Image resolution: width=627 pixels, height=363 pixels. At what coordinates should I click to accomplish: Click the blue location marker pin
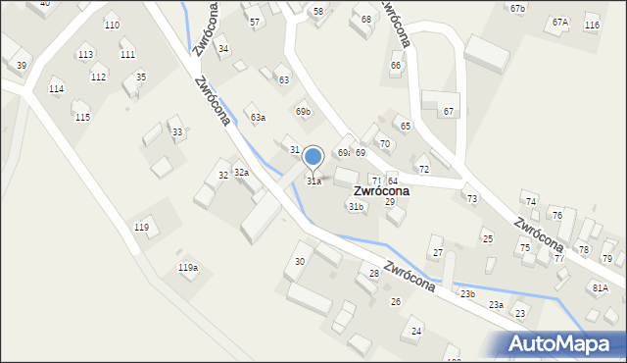point(313,157)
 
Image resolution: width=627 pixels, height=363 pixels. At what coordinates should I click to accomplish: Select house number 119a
point(188,267)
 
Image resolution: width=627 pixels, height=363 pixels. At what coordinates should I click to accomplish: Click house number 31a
point(314,181)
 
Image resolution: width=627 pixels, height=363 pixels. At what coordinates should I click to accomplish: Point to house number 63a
point(258,118)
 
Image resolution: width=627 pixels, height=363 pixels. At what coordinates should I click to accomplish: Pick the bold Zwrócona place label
point(381,191)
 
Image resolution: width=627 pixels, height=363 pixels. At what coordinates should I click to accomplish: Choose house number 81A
point(600,287)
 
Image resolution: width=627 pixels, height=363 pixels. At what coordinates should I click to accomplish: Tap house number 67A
point(559,22)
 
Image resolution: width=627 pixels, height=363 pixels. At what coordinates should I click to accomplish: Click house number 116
point(592,25)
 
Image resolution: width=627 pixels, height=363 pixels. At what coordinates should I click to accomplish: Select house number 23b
point(467,293)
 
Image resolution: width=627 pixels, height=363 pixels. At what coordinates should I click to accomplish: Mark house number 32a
point(241,173)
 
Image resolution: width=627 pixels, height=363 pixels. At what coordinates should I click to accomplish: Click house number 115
point(82,118)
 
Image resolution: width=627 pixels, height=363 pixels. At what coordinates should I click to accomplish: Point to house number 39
point(22,65)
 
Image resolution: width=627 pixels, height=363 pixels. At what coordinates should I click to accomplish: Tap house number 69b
point(303,112)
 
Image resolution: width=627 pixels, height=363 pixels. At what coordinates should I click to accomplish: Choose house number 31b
point(356,207)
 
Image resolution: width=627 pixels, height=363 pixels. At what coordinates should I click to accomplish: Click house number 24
point(416,332)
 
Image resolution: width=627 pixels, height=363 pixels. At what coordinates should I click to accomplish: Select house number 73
point(472,199)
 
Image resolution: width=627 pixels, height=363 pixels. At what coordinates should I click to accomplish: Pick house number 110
point(112,25)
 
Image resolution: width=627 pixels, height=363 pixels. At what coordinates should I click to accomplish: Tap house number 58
point(317,12)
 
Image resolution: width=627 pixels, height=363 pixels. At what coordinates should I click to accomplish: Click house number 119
point(142,228)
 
